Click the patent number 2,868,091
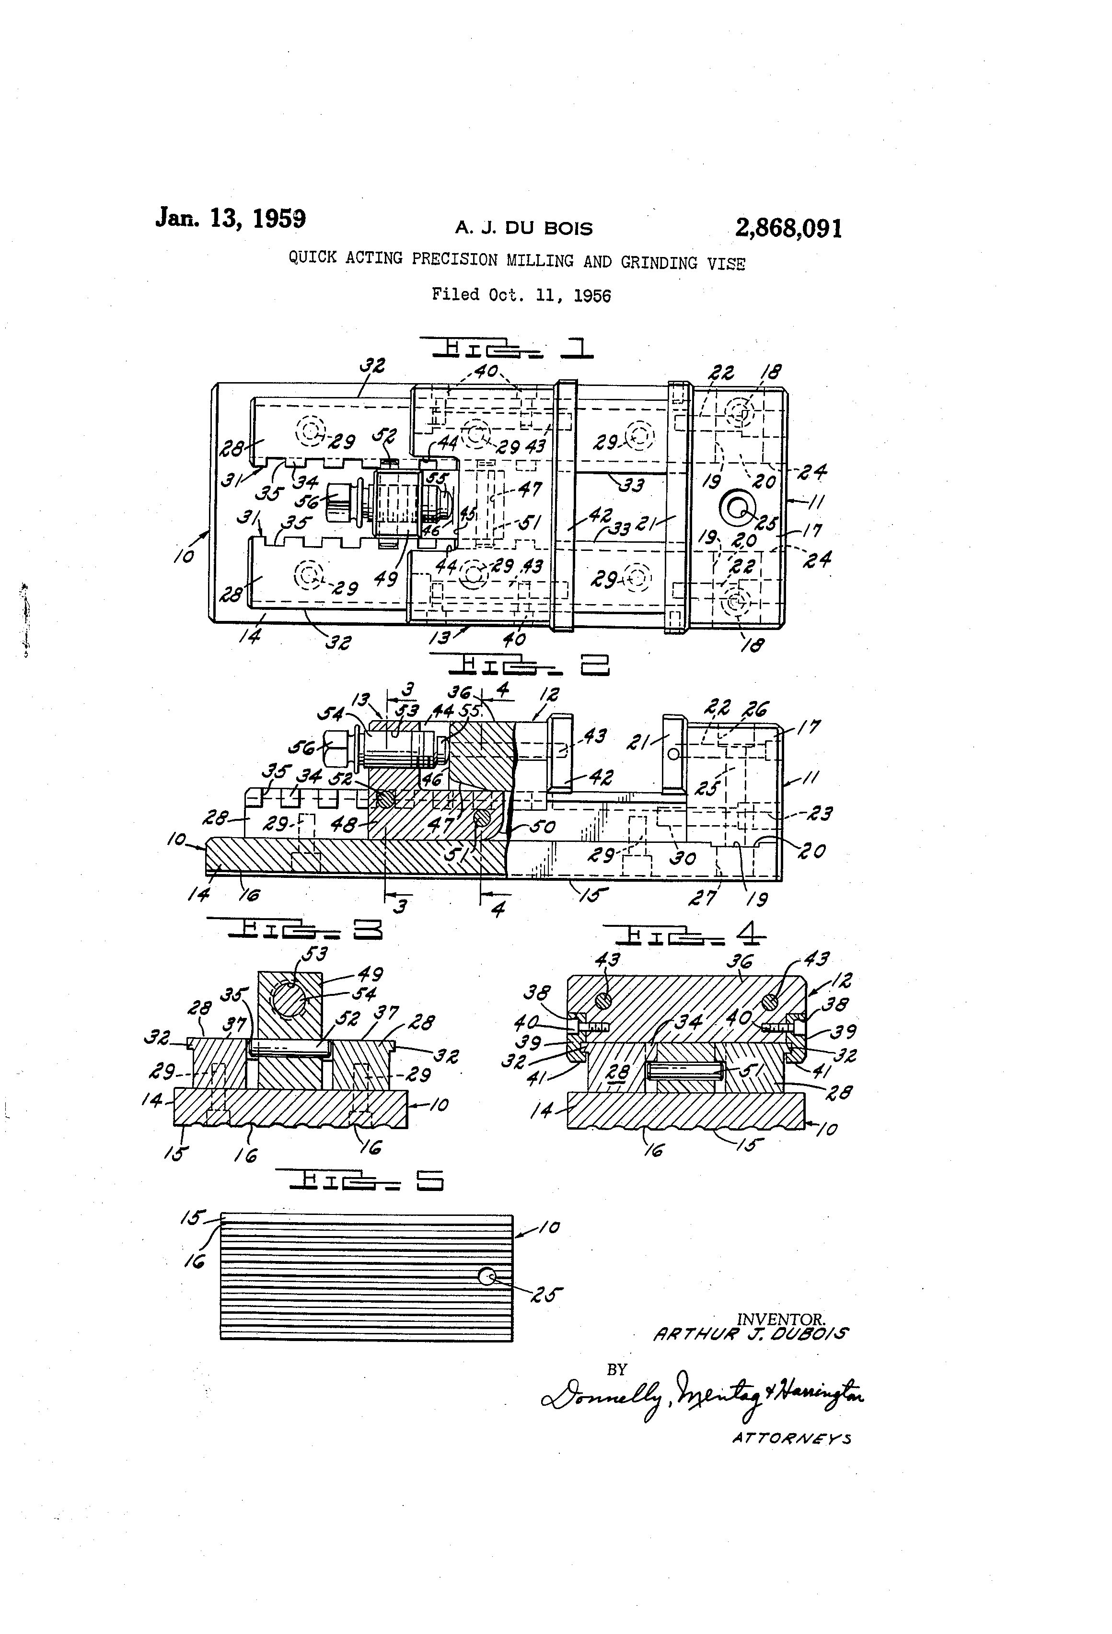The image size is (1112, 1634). click(788, 229)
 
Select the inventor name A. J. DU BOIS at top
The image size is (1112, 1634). click(524, 229)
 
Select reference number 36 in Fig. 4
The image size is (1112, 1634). click(739, 960)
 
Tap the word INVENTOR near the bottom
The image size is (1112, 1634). click(780, 1320)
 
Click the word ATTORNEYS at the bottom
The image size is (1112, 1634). click(791, 1438)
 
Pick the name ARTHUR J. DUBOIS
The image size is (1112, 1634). click(750, 1334)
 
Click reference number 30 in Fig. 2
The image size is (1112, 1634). click(683, 858)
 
